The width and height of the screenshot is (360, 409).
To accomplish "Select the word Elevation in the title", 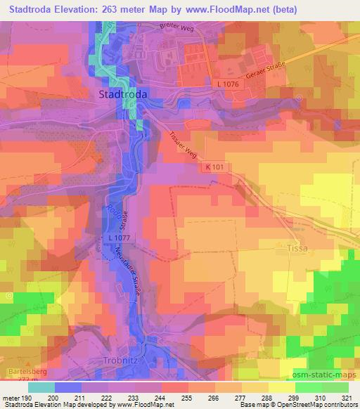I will click(76, 10).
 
